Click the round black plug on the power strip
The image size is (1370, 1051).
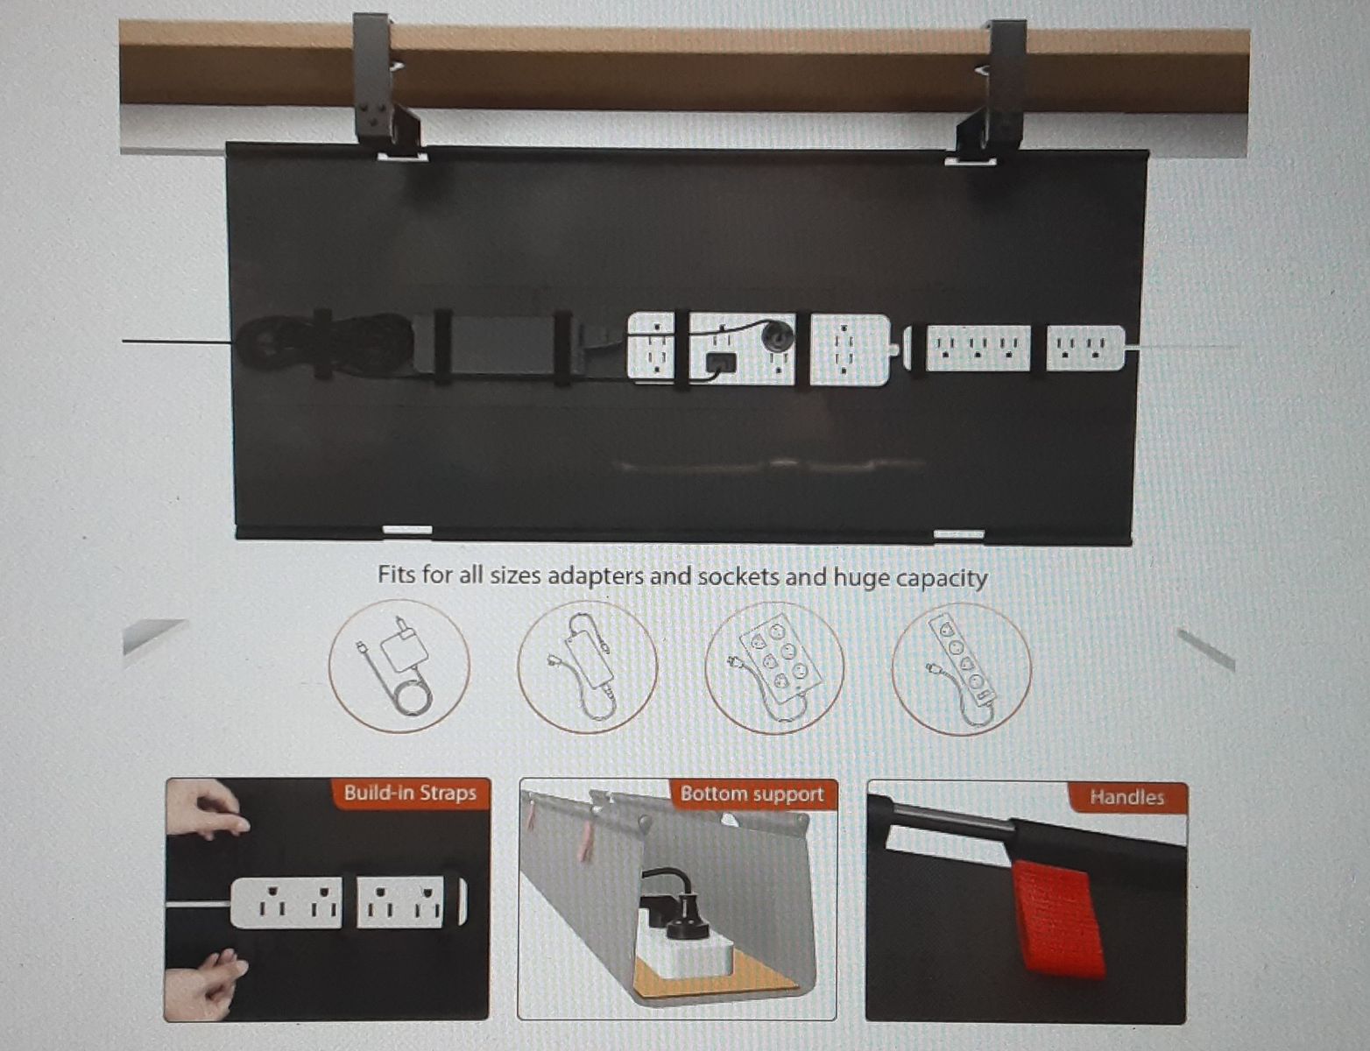(776, 335)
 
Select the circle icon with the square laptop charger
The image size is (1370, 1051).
(399, 666)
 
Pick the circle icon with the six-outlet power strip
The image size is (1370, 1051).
(774, 668)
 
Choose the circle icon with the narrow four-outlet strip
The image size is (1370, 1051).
(962, 669)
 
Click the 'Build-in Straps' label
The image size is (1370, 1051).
(410, 792)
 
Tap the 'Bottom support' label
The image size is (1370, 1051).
(752, 794)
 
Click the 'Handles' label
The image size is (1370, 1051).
(1126, 797)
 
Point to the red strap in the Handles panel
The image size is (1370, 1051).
(1059, 918)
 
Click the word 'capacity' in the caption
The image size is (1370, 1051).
(942, 578)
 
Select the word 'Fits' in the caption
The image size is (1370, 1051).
(397, 574)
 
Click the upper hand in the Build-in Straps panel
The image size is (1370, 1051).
(208, 808)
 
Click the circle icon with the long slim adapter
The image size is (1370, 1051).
(587, 667)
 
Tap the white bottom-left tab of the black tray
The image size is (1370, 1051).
(407, 530)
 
